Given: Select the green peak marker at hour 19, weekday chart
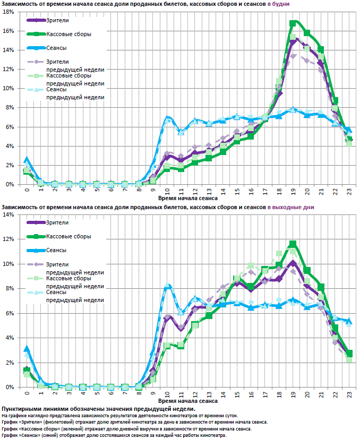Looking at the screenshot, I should (293, 23).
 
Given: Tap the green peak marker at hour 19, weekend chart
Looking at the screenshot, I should (293, 244).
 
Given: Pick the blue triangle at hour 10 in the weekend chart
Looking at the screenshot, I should (167, 287).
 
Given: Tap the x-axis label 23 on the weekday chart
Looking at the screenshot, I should (349, 190).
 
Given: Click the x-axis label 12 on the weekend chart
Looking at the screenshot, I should (195, 393).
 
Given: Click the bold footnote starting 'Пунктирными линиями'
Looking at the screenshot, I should (98, 409).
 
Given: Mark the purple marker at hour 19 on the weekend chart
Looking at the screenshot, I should (293, 263).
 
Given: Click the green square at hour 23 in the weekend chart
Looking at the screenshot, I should (349, 354).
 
